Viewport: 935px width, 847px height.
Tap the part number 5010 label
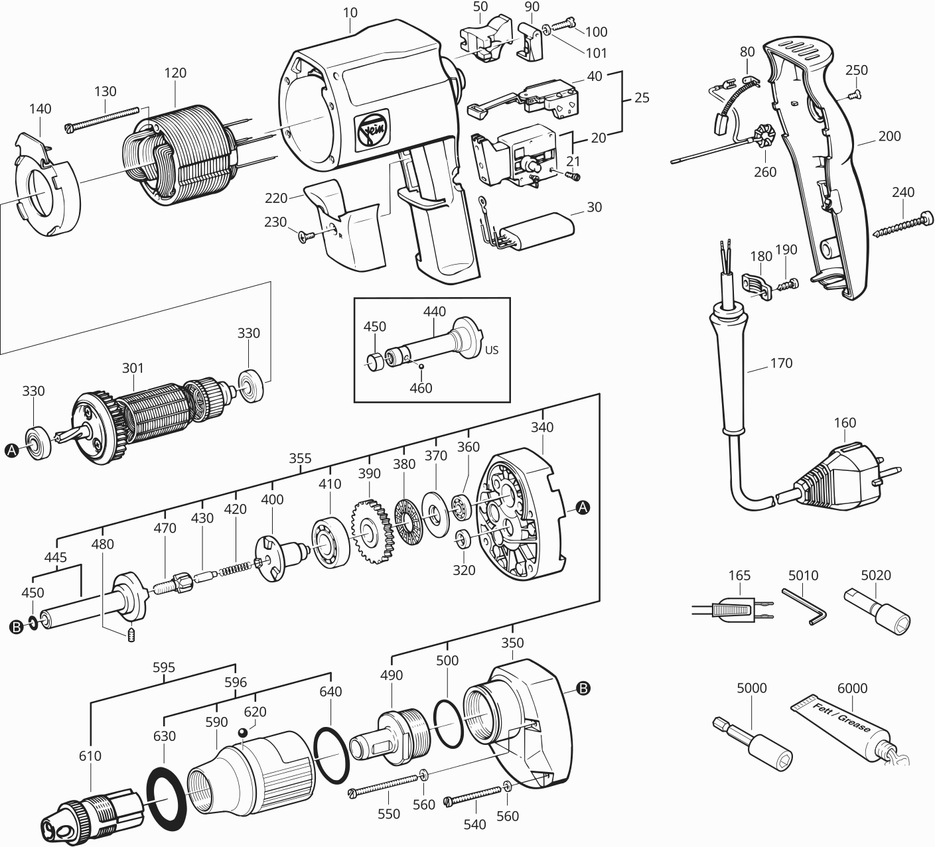(803, 575)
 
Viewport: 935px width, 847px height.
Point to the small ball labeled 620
(244, 733)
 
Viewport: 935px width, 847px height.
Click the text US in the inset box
(492, 350)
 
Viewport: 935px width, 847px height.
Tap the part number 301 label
(133, 367)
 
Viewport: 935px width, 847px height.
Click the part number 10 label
(350, 12)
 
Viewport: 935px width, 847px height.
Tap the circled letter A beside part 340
(583, 507)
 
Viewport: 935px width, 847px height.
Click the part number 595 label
(164, 667)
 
